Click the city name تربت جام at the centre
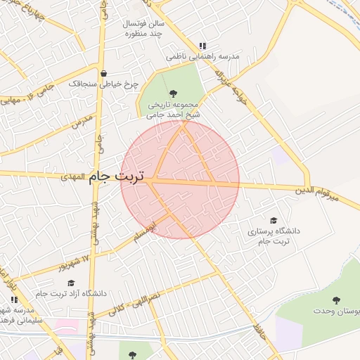[118, 176]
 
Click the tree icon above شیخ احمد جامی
[174, 92]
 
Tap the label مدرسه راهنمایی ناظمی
[203, 55]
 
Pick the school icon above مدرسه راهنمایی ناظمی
[203, 44]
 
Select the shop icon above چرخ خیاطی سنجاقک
[104, 73]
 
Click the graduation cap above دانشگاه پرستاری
[274, 221]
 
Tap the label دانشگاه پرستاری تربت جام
[274, 236]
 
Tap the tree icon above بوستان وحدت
[336, 300]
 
